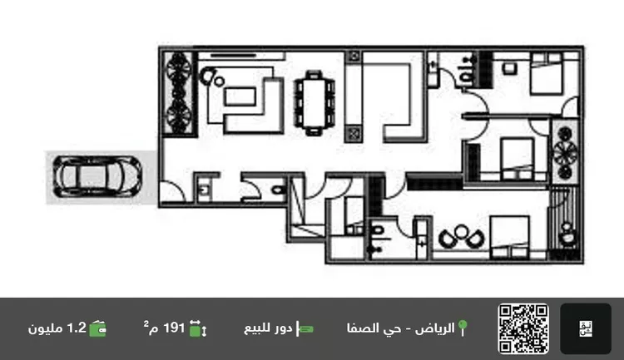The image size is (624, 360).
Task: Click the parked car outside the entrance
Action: click(x=97, y=176)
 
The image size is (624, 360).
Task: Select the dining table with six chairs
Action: click(x=314, y=103)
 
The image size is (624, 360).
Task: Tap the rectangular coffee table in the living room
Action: click(x=240, y=96)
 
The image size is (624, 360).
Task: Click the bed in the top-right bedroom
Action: click(x=547, y=74)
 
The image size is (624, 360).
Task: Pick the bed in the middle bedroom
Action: click(x=517, y=159)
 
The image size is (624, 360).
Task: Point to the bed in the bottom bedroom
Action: click(x=509, y=237)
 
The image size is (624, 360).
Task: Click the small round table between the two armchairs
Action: click(x=462, y=231)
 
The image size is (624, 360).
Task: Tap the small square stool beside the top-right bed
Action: click(x=509, y=69)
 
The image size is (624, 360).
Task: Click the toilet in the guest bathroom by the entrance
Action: click(x=278, y=190)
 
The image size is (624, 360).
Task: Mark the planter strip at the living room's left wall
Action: click(x=178, y=94)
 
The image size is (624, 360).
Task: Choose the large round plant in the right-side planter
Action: click(x=565, y=152)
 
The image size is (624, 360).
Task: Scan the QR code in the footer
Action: click(x=523, y=328)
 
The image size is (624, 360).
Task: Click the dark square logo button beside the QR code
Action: click(x=586, y=328)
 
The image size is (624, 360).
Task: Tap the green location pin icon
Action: click(x=463, y=328)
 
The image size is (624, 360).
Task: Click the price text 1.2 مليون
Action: click(x=57, y=328)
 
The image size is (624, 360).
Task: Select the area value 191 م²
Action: click(x=165, y=328)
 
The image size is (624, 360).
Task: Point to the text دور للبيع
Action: click(x=268, y=328)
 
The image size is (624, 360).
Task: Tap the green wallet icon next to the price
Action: click(x=97, y=328)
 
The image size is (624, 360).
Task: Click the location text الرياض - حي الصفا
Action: click(x=401, y=328)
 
